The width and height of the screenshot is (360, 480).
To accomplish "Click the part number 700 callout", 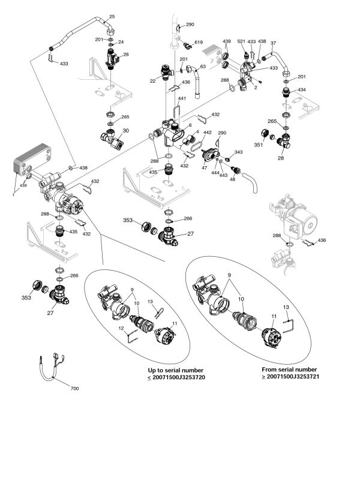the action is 74,388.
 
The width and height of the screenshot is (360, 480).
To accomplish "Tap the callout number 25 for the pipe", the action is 112,17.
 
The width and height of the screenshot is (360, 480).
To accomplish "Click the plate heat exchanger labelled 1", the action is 32,159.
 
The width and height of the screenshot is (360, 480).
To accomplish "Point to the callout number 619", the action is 199,42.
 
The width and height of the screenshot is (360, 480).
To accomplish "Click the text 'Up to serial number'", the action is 175,370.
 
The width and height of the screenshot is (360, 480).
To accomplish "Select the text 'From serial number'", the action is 289,370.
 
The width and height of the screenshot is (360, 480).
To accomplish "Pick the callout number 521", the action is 242,41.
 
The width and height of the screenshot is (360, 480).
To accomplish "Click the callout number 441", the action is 182,98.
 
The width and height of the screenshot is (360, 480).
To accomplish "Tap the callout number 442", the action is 208,133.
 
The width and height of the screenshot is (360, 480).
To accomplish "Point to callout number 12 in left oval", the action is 121,328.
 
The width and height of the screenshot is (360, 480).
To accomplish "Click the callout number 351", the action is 259,145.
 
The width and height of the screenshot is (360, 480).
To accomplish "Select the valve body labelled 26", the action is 111,59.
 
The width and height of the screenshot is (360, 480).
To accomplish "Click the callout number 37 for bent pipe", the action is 274,43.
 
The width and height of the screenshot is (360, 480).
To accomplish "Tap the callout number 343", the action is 238,152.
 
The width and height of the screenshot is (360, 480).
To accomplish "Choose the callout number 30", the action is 126,131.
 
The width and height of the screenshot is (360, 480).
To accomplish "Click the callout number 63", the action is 203,67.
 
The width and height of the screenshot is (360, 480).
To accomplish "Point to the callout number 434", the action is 302,89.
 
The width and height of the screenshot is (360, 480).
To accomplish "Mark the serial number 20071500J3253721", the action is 293,377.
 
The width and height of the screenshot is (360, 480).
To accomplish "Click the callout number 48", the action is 233,179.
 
